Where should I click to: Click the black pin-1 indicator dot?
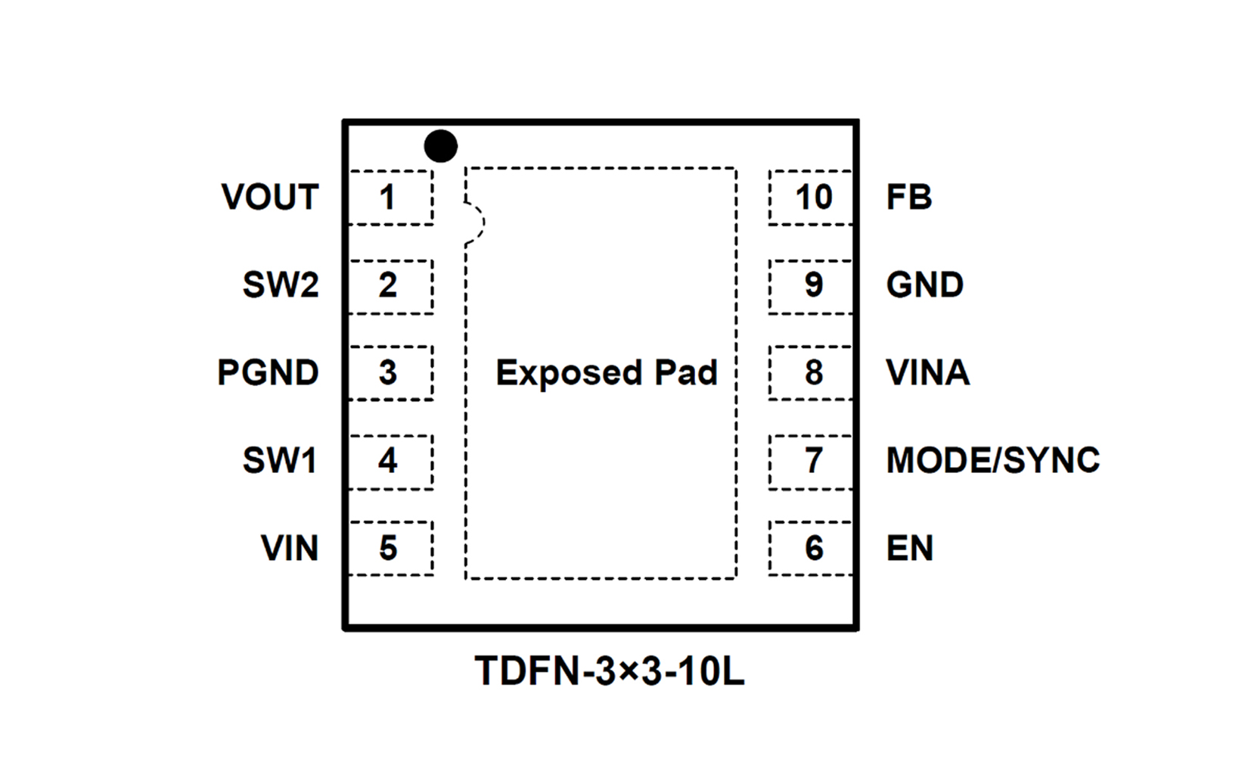point(441,146)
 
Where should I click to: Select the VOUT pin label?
point(270,198)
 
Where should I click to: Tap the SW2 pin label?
point(281,285)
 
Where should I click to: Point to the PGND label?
point(268,373)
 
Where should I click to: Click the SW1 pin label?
point(280,461)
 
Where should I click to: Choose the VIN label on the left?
point(290,549)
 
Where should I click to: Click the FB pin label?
point(908,198)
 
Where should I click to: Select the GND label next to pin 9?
point(924,285)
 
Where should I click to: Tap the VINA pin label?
point(927,373)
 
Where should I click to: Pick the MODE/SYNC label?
point(992,461)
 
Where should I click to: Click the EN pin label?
point(909,549)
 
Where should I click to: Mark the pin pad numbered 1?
point(390,198)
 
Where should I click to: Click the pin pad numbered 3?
point(390,373)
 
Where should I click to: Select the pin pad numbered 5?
point(390,549)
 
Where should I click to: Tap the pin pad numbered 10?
point(811,198)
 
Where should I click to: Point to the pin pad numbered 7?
point(811,461)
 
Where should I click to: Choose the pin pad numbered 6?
point(811,549)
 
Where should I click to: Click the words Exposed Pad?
point(606,373)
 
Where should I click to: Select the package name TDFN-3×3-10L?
point(609,671)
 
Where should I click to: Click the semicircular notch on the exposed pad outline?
point(474,222)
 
